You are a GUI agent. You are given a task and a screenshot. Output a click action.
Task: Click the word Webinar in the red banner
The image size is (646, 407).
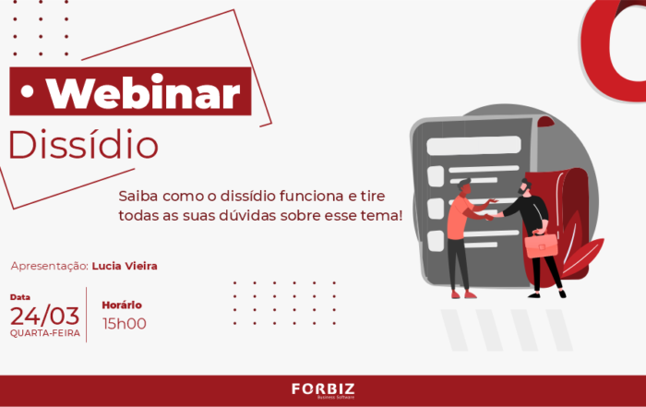(143, 91)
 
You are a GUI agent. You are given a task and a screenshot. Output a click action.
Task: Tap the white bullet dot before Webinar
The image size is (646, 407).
(27, 92)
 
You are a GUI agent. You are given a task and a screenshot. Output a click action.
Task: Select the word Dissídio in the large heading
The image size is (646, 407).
(84, 145)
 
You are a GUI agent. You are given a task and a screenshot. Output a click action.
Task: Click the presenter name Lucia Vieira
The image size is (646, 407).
(125, 266)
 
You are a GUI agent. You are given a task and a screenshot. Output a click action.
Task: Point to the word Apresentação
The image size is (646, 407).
(50, 267)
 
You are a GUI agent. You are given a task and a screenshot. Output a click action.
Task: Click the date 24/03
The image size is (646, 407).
(44, 317)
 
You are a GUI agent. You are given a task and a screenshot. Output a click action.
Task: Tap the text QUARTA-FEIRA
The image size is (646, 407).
(45, 333)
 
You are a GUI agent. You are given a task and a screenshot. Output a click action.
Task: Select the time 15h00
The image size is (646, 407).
(125, 324)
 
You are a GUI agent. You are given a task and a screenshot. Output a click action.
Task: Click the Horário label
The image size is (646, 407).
(122, 305)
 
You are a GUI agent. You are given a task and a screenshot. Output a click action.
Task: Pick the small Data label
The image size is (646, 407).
(20, 297)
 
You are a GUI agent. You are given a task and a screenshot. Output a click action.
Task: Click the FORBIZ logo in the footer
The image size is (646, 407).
(323, 390)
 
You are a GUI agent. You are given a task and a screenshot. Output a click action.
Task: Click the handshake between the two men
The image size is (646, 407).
(492, 215)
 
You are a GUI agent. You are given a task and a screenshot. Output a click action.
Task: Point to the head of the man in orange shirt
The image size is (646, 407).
(464, 187)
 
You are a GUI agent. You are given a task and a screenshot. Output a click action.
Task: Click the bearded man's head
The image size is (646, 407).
(524, 187)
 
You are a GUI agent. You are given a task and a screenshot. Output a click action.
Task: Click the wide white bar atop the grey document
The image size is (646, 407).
(473, 146)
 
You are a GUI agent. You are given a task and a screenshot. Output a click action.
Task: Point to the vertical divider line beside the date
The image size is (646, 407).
(86, 315)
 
